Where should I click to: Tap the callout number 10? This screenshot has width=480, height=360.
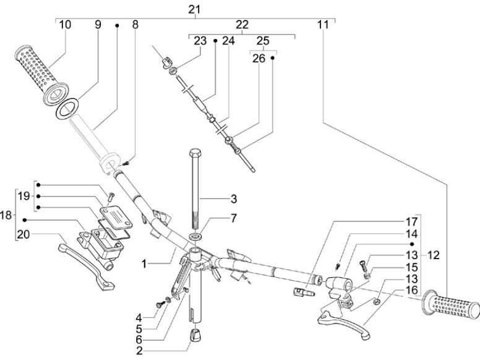(x=65, y=25)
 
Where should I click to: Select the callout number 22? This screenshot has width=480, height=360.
(x=242, y=25)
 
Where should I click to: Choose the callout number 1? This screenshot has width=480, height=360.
(x=144, y=264)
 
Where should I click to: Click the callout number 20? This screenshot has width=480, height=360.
(x=23, y=233)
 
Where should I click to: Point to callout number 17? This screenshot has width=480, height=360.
(x=412, y=221)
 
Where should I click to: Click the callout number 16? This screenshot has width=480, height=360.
(x=412, y=289)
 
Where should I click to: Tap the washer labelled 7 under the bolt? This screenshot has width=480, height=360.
(x=196, y=237)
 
